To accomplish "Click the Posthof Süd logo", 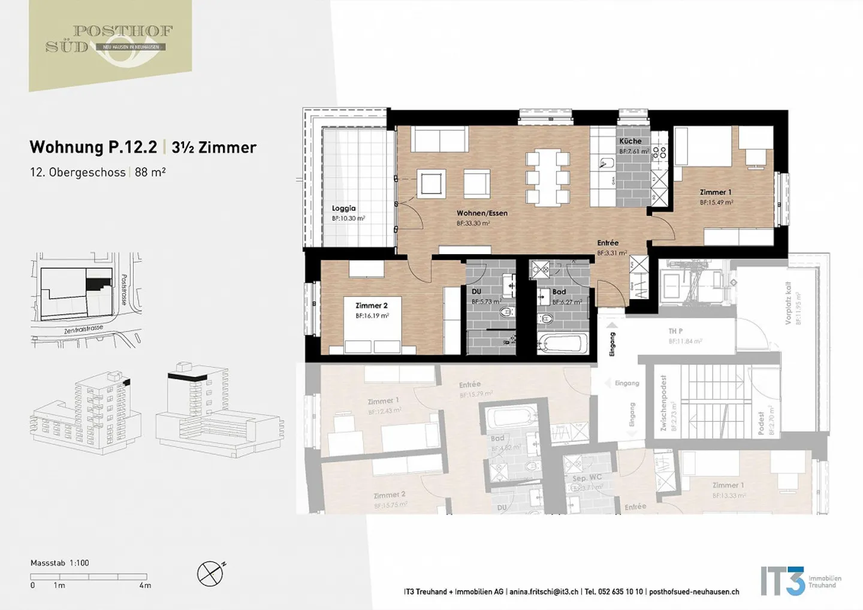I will tap(110, 42).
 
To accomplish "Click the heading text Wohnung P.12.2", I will tap(93, 147).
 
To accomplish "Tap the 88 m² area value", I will tap(150, 172).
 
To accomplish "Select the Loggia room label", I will tap(343, 209).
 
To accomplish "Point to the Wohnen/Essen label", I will tap(482, 213).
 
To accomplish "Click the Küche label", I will tap(630, 141).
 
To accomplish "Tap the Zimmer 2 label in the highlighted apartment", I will tap(372, 306).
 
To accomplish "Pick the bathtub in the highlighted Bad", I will tap(562, 343).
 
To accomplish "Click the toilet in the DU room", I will tap(506, 312).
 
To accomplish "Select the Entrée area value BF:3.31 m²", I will tap(611, 253).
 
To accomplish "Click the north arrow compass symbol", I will tap(210, 574).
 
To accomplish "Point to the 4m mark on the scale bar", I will tap(146, 585).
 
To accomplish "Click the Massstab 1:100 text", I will tap(60, 563).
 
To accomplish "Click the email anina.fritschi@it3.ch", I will tap(544, 591).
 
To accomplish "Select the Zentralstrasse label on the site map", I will tap(83, 330).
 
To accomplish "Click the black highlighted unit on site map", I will tap(98, 281).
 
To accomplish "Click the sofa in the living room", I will tap(439, 140).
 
